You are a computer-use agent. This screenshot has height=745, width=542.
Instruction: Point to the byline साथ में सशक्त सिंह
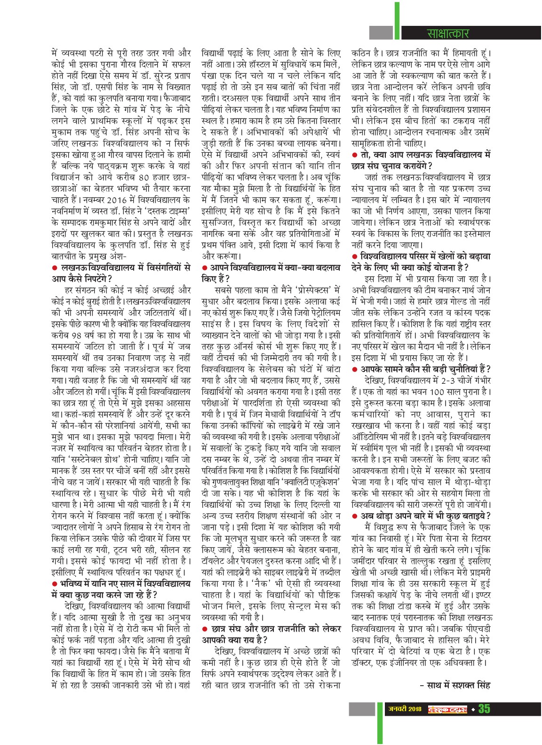455,685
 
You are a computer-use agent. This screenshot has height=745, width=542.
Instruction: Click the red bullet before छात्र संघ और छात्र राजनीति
204,628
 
